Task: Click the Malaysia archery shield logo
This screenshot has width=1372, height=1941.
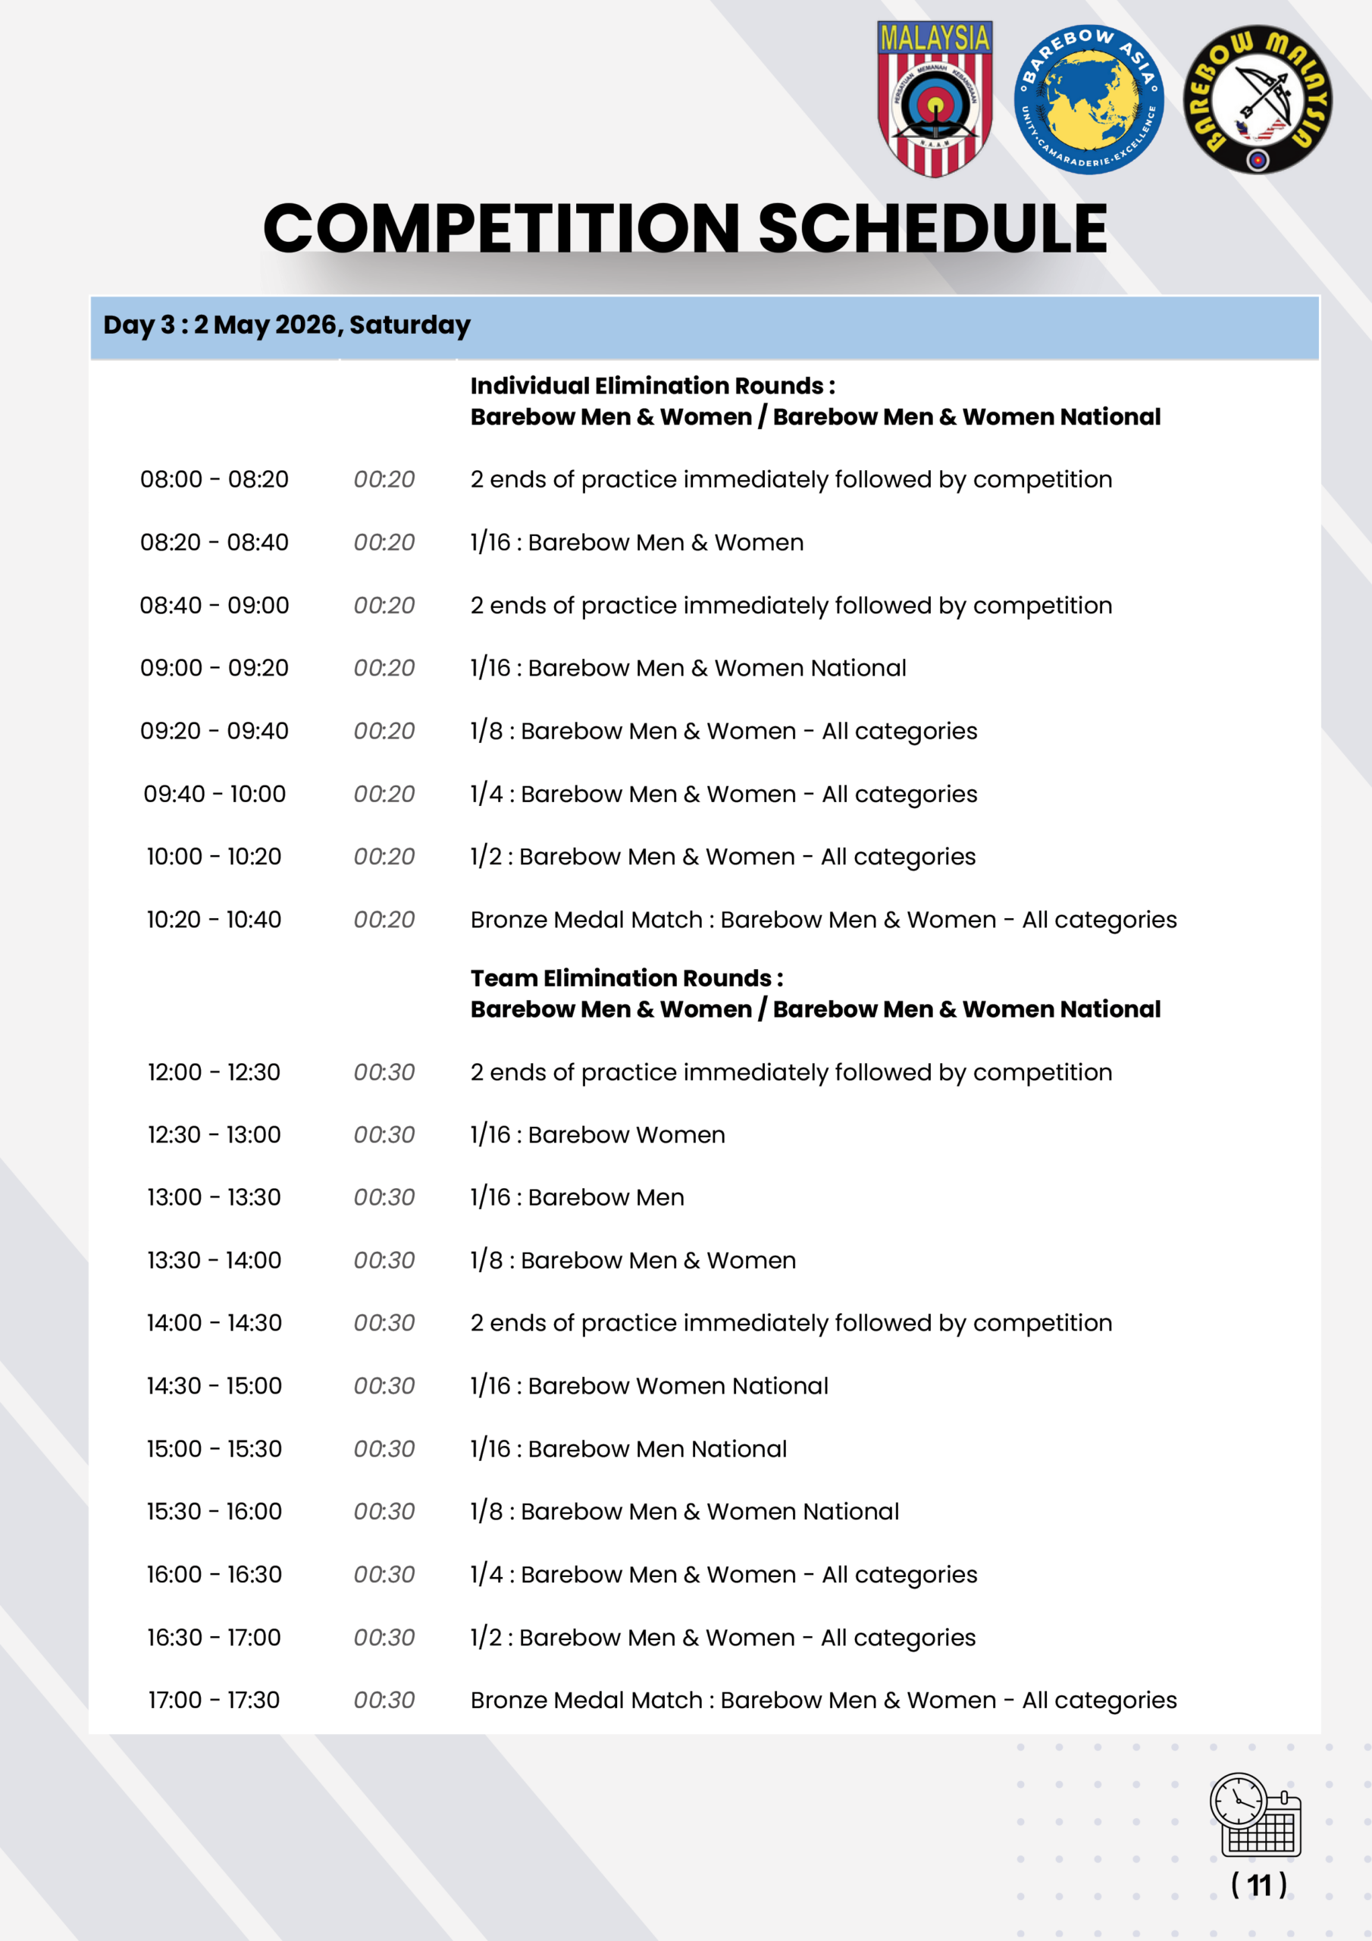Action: click(x=934, y=99)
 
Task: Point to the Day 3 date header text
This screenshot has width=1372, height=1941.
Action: click(x=287, y=325)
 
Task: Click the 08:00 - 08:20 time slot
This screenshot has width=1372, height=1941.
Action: click(x=214, y=479)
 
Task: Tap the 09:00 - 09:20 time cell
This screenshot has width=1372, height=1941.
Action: click(x=214, y=668)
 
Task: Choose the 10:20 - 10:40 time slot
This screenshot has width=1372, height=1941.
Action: click(x=214, y=920)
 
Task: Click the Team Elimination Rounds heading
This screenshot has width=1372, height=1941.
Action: click(x=626, y=978)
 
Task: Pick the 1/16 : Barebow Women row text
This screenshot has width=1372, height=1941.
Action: click(x=597, y=1134)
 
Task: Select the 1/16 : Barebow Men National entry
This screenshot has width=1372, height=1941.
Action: click(x=628, y=1449)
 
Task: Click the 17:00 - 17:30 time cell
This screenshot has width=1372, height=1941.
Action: click(x=214, y=1700)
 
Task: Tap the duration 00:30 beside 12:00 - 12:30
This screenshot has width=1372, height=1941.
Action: click(x=384, y=1072)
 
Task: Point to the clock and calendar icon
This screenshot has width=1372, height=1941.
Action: click(x=1255, y=1815)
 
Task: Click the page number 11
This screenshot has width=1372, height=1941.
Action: click(x=1259, y=1884)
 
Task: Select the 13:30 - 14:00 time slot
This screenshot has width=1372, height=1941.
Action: click(x=214, y=1260)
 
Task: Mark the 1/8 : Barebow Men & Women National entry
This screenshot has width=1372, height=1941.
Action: click(x=684, y=1512)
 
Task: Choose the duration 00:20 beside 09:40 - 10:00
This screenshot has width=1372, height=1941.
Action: click(x=384, y=794)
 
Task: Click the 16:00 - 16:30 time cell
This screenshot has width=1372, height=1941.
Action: click(x=214, y=1574)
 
